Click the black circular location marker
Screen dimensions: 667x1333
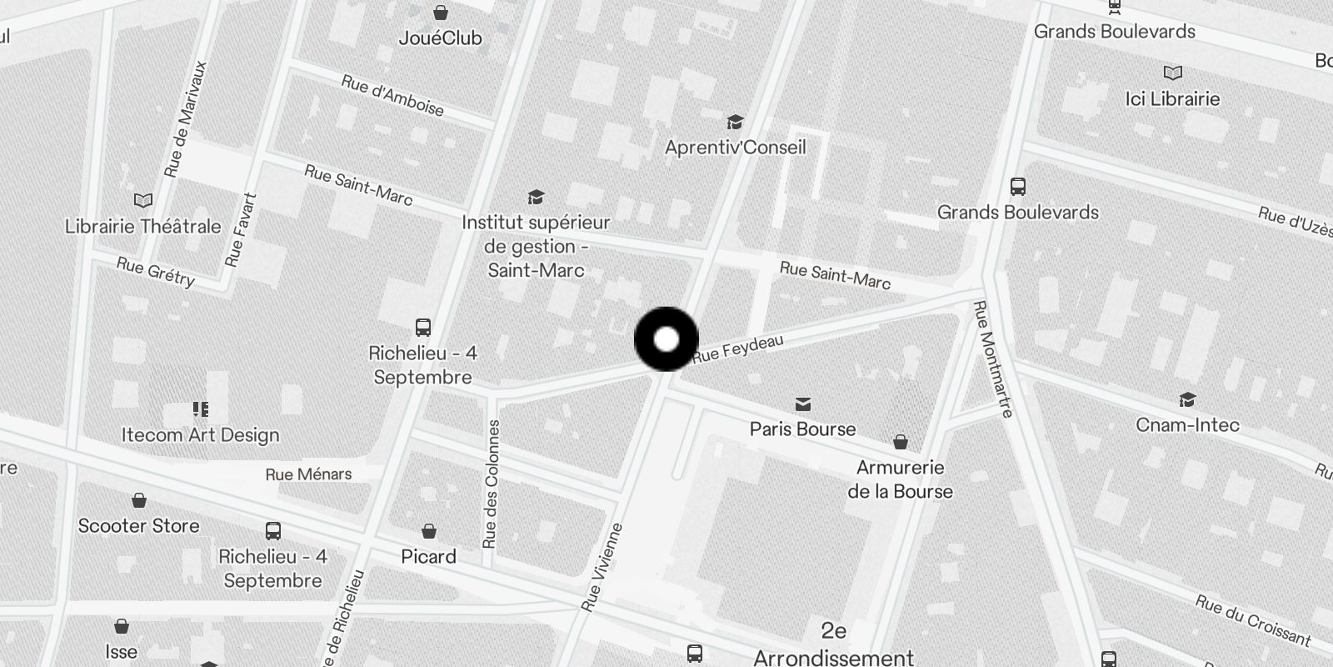(666, 339)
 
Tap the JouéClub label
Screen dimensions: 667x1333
(440, 38)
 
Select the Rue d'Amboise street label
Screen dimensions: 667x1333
(392, 95)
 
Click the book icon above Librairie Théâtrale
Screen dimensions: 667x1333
(143, 201)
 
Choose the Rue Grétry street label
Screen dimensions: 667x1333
(156, 271)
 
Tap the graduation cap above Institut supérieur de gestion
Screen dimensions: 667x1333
(536, 198)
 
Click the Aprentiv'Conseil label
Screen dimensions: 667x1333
(735, 148)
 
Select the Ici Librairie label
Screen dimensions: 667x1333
(1172, 98)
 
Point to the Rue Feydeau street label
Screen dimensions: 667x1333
(737, 348)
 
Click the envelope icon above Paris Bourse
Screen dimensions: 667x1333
(802, 404)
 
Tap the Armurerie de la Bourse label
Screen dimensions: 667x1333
(900, 479)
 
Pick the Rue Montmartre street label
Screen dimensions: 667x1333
(993, 359)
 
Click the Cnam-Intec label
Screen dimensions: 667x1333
(1187, 425)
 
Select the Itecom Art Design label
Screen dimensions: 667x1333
(200, 434)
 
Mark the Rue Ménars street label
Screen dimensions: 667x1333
(308, 474)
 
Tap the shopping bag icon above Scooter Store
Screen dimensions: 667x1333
(139, 500)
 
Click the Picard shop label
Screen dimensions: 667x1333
(428, 556)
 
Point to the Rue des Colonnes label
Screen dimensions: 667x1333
(492, 484)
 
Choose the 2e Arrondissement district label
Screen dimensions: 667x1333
(833, 644)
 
